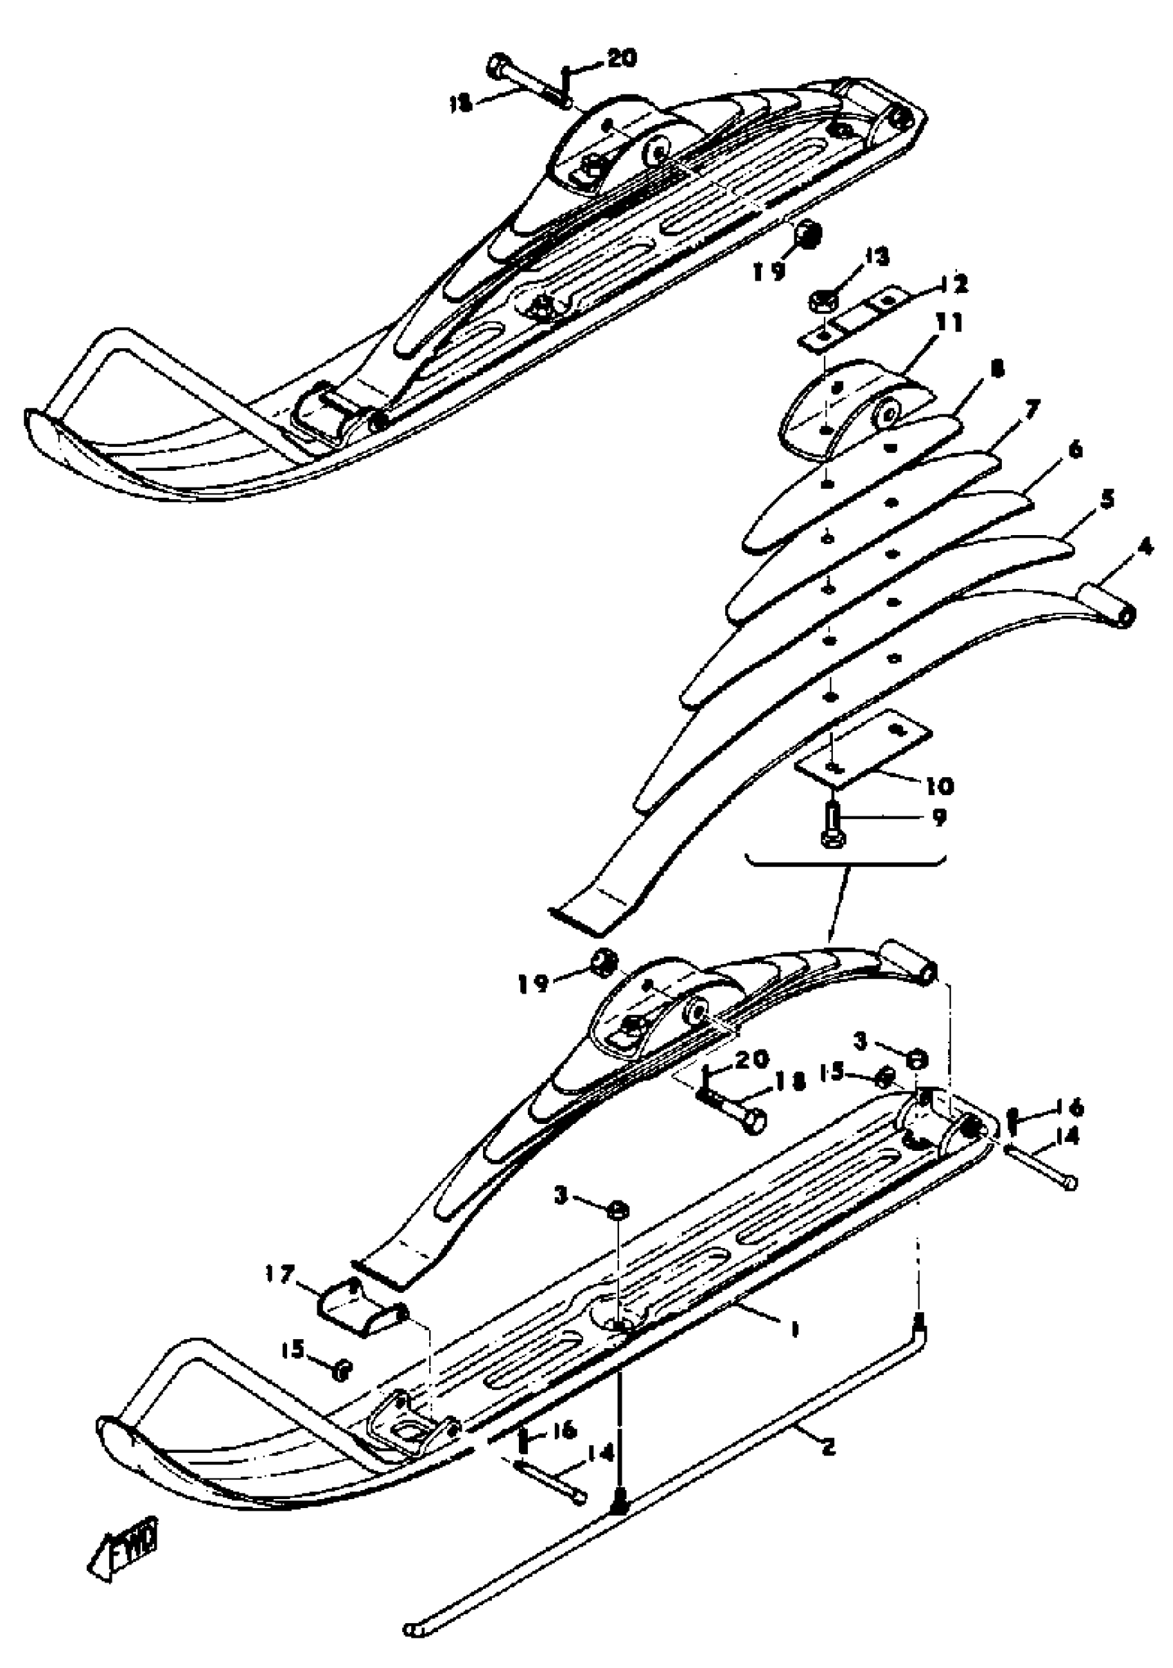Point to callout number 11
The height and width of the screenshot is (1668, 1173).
(x=947, y=323)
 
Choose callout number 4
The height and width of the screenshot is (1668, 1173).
(x=1144, y=547)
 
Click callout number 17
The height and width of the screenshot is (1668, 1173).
(x=283, y=1274)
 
